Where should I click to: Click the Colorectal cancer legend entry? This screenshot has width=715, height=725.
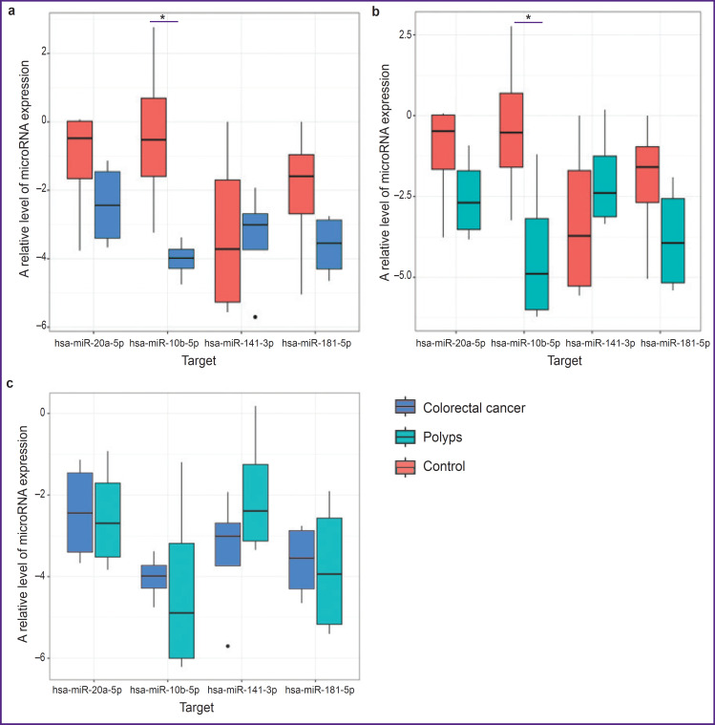(x=460, y=408)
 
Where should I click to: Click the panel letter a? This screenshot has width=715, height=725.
(x=11, y=11)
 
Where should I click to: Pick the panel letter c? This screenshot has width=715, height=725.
(x=11, y=383)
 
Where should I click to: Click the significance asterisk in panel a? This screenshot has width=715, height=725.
(x=164, y=17)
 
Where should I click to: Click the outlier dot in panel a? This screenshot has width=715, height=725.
(x=255, y=316)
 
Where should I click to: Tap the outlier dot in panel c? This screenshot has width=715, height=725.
(x=228, y=646)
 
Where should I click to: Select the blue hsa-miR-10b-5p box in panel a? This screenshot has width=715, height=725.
(x=181, y=259)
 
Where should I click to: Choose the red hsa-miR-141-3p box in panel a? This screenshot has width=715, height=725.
(x=227, y=241)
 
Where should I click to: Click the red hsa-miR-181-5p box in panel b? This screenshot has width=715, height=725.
(x=649, y=174)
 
